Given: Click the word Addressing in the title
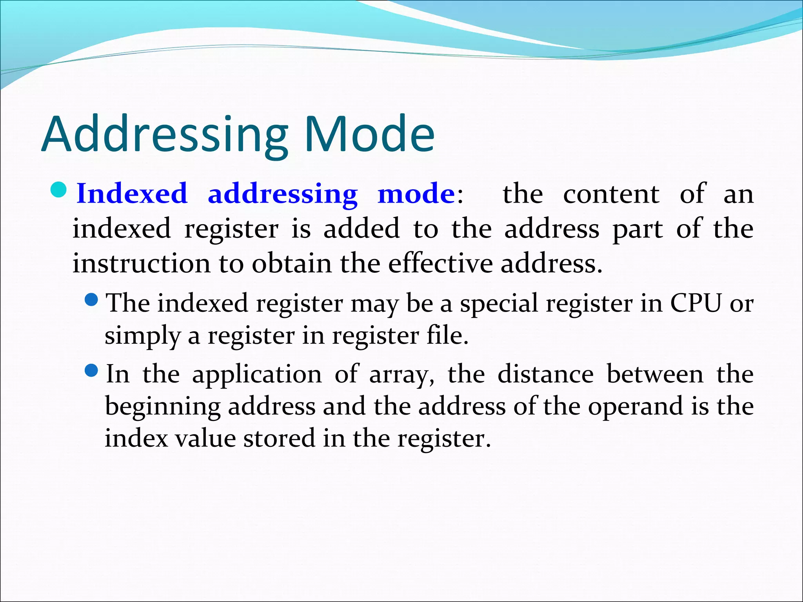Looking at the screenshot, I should pyautogui.click(x=165, y=134).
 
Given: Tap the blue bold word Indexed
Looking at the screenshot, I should pyautogui.click(x=132, y=194).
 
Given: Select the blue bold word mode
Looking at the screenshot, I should pyautogui.click(x=416, y=194).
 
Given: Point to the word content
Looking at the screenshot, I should pyautogui.click(x=611, y=194).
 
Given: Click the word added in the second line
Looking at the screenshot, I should pyautogui.click(x=361, y=228).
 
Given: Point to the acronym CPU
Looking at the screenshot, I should pyautogui.click(x=696, y=303).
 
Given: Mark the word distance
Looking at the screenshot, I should pyautogui.click(x=545, y=374).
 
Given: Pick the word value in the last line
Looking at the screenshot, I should pyautogui.click(x=205, y=438).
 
